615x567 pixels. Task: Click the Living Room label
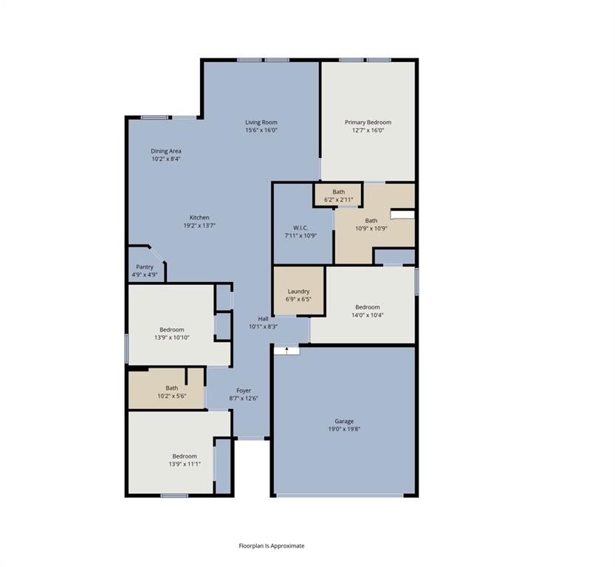click(261, 123)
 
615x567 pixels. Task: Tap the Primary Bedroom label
click(368, 123)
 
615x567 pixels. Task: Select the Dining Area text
click(166, 151)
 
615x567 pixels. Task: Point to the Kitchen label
click(199, 218)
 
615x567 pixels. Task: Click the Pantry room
click(145, 270)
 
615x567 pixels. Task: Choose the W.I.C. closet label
click(300, 227)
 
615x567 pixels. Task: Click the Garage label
click(344, 421)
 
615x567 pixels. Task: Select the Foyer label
click(244, 391)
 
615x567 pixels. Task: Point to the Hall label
click(263, 318)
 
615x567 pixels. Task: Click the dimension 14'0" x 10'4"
click(368, 315)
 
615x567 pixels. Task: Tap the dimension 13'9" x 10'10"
click(172, 337)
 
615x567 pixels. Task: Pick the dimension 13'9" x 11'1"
click(185, 464)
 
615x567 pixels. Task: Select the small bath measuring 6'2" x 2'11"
click(338, 196)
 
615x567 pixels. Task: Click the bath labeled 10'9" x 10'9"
click(371, 224)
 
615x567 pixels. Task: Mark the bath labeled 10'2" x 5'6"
click(171, 392)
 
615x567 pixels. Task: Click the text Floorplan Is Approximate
click(271, 546)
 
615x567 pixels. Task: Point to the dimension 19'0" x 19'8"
click(344, 429)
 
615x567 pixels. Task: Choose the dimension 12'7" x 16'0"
click(368, 131)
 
